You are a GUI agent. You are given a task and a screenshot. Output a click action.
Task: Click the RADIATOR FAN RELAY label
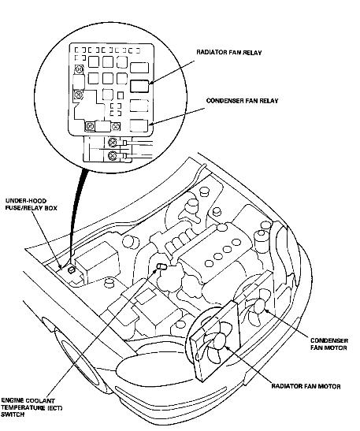tap(229, 52)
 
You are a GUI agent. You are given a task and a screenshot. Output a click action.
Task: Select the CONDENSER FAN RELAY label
tap(242, 101)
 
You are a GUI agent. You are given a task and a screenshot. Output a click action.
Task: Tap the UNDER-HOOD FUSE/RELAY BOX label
tap(32, 204)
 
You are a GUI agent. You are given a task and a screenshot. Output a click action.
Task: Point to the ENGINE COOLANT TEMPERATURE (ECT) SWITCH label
tap(32, 407)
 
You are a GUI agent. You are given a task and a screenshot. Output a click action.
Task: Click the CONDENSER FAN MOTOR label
tap(329, 344)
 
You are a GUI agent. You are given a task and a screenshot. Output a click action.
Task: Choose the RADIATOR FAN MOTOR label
tap(306, 386)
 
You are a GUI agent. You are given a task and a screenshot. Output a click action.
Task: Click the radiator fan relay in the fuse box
tap(139, 86)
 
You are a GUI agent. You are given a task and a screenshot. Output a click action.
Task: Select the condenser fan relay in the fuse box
tap(139, 126)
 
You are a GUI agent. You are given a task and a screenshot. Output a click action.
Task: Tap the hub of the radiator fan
tap(220, 341)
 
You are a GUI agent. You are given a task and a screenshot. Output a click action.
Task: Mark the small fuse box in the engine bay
tap(71, 270)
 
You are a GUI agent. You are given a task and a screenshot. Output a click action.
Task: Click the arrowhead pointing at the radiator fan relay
tap(152, 81)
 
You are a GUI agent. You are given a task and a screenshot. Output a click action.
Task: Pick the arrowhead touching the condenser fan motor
tap(267, 311)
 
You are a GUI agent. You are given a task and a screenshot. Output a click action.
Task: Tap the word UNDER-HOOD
tap(26, 201)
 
